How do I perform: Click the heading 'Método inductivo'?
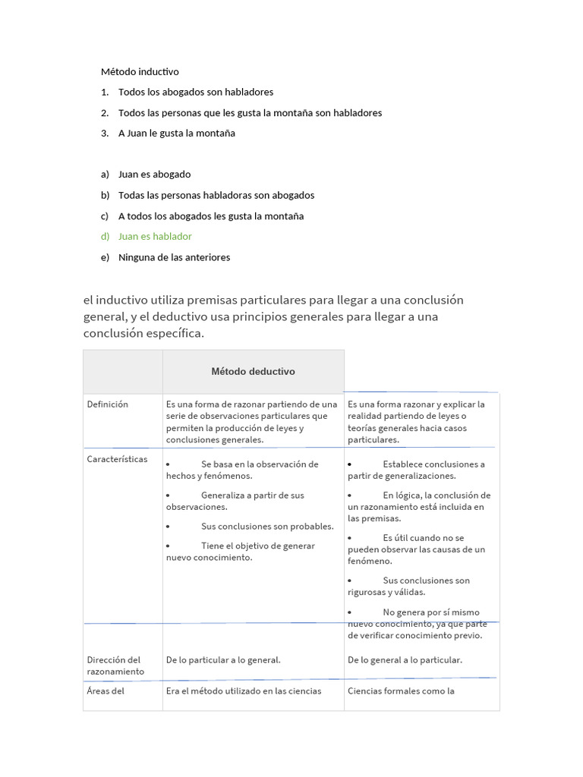point(140,72)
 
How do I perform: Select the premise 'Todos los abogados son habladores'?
point(195,92)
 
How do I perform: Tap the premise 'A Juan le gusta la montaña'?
point(176,133)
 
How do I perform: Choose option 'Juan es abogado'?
point(154,175)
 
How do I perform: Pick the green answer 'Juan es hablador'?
point(155,237)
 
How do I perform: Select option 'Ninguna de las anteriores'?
point(174,257)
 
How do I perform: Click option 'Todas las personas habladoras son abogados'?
point(216,195)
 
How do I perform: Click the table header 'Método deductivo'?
point(253,372)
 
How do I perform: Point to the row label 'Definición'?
point(108,404)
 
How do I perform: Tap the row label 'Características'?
point(118,460)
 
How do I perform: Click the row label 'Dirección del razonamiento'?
point(114,665)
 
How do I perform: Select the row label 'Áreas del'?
point(106,691)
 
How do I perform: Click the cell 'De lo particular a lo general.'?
point(223,660)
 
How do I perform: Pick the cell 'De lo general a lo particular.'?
point(405,660)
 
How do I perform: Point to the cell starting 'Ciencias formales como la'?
point(401,691)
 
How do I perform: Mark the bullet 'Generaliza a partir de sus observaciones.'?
point(235,501)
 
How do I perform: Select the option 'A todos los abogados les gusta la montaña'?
point(210,216)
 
